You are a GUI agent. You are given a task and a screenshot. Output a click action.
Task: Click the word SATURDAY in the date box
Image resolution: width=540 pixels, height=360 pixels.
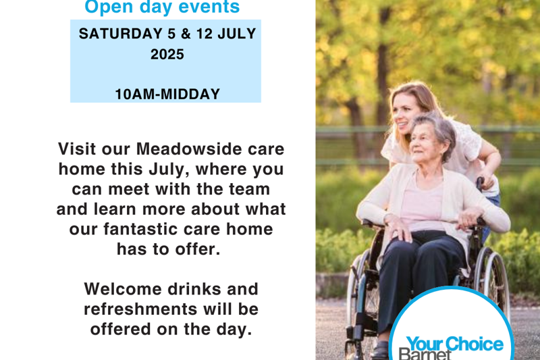coord(121,34)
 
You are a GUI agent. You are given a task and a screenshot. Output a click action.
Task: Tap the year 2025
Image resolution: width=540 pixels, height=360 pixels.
coord(167,55)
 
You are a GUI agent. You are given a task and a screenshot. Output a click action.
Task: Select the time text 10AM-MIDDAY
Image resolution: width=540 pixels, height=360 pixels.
coord(167,95)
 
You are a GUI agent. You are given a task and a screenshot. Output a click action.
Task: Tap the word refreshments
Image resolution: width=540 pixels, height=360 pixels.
coord(140,309)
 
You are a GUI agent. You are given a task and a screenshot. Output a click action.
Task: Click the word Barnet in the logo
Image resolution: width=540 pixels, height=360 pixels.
coord(425,354)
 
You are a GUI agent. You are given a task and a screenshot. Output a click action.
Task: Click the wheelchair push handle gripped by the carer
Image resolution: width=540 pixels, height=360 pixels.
coord(480,182)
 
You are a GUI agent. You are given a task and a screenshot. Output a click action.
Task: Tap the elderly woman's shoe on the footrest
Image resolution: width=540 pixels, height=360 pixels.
coord(379,351)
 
